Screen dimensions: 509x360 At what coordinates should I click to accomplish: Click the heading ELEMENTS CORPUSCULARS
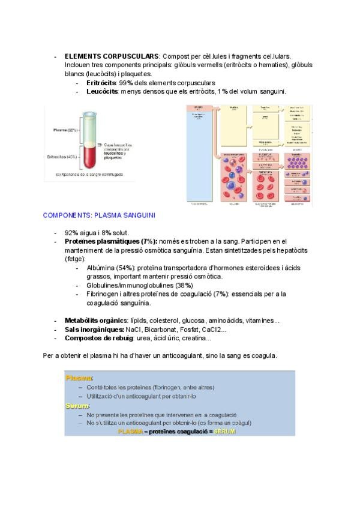tap(112, 56)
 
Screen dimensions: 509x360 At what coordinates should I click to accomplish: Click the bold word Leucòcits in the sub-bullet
tap(103, 91)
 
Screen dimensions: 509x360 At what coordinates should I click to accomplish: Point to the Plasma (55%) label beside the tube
tap(64, 130)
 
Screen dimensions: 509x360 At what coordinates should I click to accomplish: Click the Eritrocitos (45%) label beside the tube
tap(62, 157)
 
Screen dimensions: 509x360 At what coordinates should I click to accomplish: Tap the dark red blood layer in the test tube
tap(89, 159)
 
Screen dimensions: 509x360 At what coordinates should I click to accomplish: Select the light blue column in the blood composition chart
tap(198, 156)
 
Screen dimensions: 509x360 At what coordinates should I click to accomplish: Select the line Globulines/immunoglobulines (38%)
tap(139, 285)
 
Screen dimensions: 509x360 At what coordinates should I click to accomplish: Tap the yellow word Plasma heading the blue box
tap(79, 378)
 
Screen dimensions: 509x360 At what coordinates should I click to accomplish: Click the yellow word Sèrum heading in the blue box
tap(77, 406)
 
